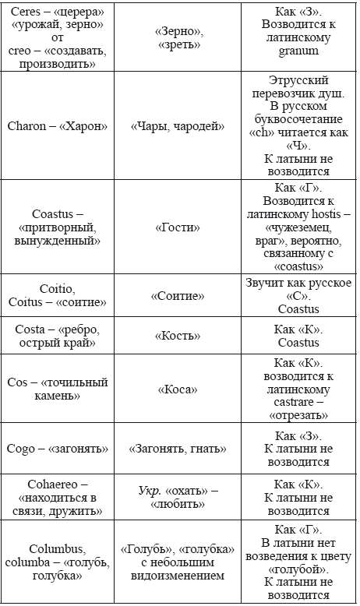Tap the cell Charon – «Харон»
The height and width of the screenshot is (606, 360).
(58, 126)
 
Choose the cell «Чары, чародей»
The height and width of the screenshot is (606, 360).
(178, 126)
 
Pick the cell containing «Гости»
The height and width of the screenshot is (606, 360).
(178, 227)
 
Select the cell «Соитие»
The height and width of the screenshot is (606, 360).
(178, 296)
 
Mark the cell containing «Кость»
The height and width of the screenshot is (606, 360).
(178, 336)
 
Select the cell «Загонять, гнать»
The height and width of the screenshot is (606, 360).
(178, 449)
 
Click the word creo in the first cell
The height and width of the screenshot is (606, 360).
(18, 50)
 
